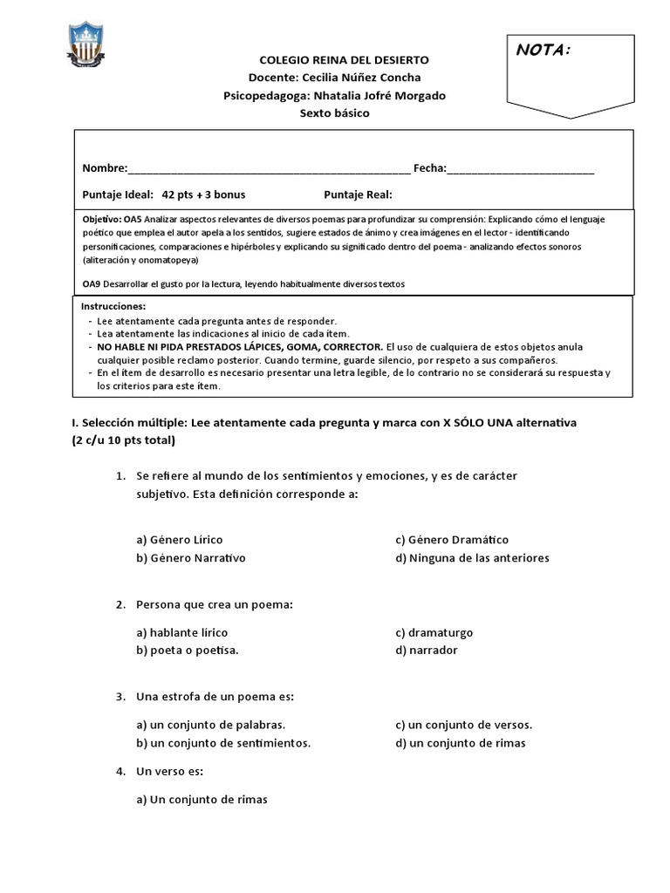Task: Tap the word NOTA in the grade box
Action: pyautogui.click(x=543, y=51)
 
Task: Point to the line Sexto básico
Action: pyautogui.click(x=334, y=113)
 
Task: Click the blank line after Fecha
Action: pyautogui.click(x=521, y=169)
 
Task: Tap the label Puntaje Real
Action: pyautogui.click(x=358, y=194)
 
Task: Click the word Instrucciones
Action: pyautogui.click(x=114, y=307)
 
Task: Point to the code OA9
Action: pyautogui.click(x=91, y=284)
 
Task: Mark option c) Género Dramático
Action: pyautogui.click(x=451, y=540)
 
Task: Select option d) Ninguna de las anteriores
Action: pyautogui.click(x=472, y=557)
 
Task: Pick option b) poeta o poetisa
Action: pyautogui.click(x=187, y=650)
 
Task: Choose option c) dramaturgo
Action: pyautogui.click(x=434, y=632)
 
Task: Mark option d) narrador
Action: pyautogui.click(x=426, y=650)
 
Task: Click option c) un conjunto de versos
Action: pyautogui.click(x=463, y=725)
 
